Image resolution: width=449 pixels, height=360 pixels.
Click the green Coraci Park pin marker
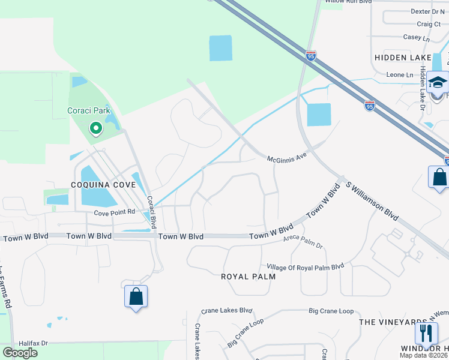pyautogui.click(x=95, y=128)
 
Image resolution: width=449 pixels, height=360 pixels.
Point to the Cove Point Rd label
pyautogui.click(x=113, y=213)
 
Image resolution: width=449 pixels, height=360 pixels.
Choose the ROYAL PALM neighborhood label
pyautogui.click(x=248, y=277)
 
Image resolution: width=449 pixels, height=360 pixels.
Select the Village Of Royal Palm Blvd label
pyautogui.click(x=305, y=266)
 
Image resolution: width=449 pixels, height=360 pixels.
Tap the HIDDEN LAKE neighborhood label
pyautogui.click(x=403, y=57)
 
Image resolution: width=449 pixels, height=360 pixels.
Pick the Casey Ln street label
pyautogui.click(x=417, y=38)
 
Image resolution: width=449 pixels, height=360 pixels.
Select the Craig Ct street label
pyautogui.click(x=429, y=24)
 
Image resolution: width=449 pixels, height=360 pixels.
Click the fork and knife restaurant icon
pyautogui.click(x=426, y=332)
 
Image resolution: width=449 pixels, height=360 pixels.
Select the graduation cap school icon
pyautogui.click(x=438, y=83)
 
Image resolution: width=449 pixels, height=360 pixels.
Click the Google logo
pyautogui.click(x=20, y=353)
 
